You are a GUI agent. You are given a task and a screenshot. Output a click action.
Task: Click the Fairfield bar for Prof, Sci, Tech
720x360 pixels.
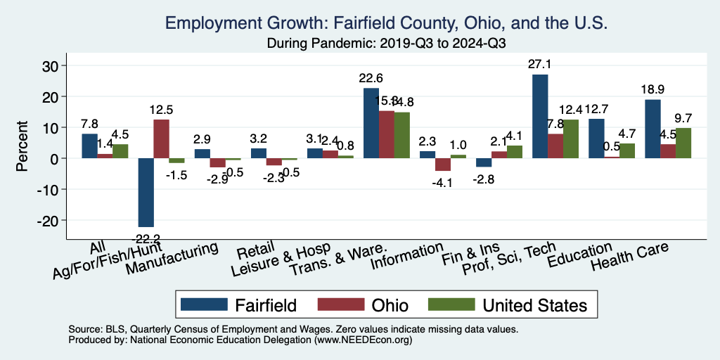pyautogui.click(x=540, y=116)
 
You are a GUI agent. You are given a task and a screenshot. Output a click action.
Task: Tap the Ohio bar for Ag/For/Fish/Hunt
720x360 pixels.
pyautogui.click(x=161, y=139)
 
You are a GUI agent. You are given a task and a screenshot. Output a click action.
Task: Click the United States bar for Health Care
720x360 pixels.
pyautogui.click(x=683, y=143)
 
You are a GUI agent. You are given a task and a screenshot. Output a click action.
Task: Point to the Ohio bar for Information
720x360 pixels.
pyautogui.click(x=442, y=165)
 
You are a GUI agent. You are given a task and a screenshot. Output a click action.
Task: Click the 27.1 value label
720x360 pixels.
pyautogui.click(x=540, y=65)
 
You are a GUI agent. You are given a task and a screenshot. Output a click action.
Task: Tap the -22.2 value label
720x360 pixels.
pyautogui.click(x=146, y=238)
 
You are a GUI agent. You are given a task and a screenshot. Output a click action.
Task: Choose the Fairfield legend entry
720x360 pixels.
pyautogui.click(x=238, y=304)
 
